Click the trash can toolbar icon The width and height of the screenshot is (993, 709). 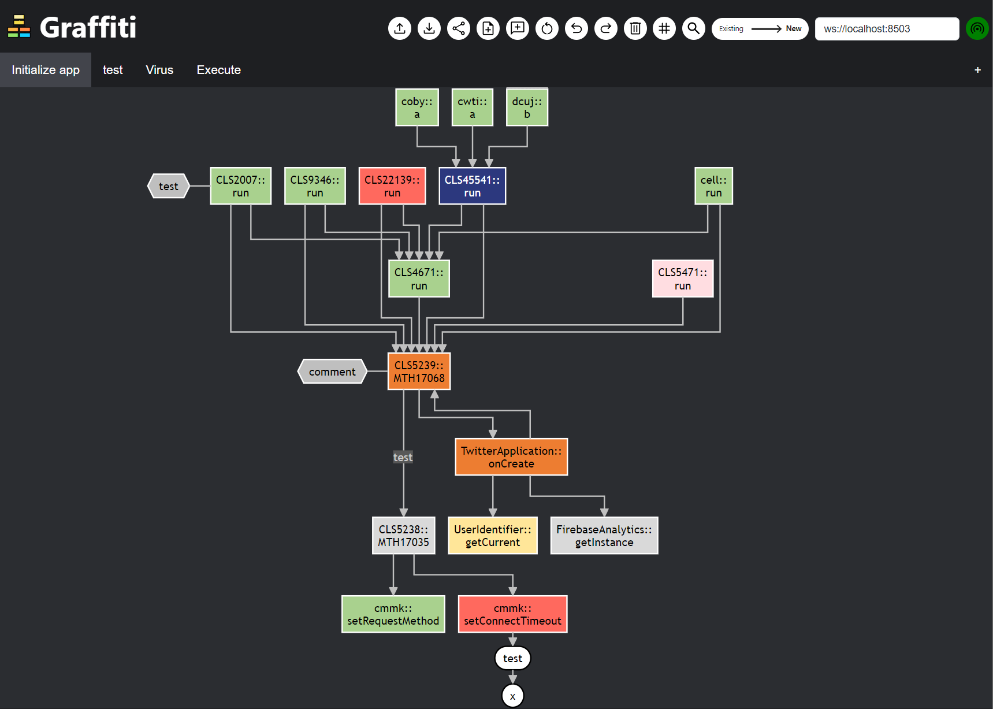click(x=635, y=28)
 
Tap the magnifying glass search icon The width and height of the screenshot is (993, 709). click(x=693, y=28)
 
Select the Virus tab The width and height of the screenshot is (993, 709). click(x=159, y=70)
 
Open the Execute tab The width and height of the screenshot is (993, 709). click(x=218, y=70)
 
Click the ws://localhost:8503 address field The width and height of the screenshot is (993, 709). click(x=886, y=29)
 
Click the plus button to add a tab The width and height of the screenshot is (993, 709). click(x=977, y=70)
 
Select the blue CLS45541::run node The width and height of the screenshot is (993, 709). click(x=472, y=186)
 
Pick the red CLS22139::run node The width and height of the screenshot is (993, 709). click(x=392, y=186)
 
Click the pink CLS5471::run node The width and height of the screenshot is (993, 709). click(x=682, y=279)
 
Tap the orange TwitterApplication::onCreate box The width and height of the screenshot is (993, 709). click(x=511, y=457)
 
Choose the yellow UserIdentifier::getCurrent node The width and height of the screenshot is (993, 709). click(x=492, y=536)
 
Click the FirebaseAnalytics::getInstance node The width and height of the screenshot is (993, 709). click(x=604, y=536)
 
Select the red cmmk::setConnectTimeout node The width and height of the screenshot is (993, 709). click(x=512, y=614)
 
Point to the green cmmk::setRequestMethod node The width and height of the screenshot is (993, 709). click(x=393, y=614)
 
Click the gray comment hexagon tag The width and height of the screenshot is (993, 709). click(x=332, y=372)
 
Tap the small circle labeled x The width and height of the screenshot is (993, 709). click(x=512, y=696)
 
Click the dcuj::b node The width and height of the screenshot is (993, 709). click(x=527, y=107)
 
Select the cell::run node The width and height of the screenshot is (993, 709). click(x=713, y=186)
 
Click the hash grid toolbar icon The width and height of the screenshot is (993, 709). click(x=664, y=28)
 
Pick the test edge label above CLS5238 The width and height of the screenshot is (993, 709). click(x=403, y=457)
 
